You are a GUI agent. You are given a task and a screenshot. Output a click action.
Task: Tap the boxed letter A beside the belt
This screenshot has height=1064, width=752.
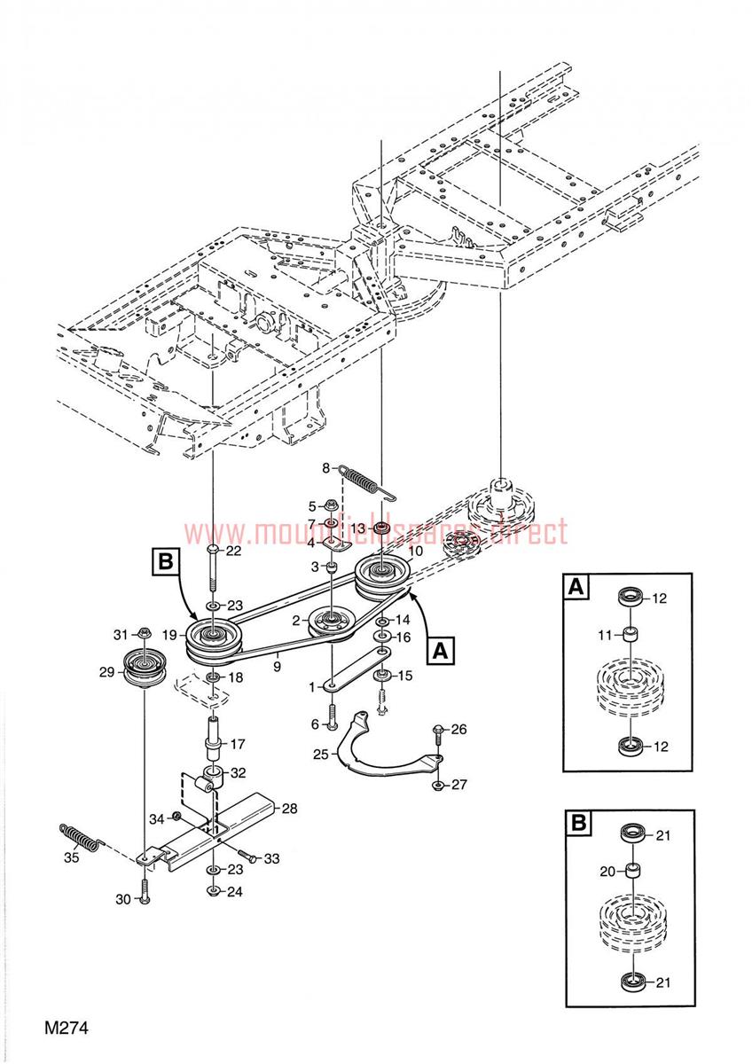(440, 651)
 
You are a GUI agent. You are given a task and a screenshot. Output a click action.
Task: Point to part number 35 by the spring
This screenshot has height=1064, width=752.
(71, 857)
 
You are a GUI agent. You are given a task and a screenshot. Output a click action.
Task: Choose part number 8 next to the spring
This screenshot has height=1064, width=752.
(325, 467)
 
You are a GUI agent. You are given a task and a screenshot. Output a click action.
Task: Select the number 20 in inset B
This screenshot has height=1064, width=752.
(607, 872)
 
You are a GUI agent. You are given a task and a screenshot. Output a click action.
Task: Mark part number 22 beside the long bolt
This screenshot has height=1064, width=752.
(234, 551)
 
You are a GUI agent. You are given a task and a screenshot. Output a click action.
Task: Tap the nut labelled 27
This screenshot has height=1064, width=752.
(437, 786)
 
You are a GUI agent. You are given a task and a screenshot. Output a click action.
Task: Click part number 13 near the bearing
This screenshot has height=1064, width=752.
(357, 528)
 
